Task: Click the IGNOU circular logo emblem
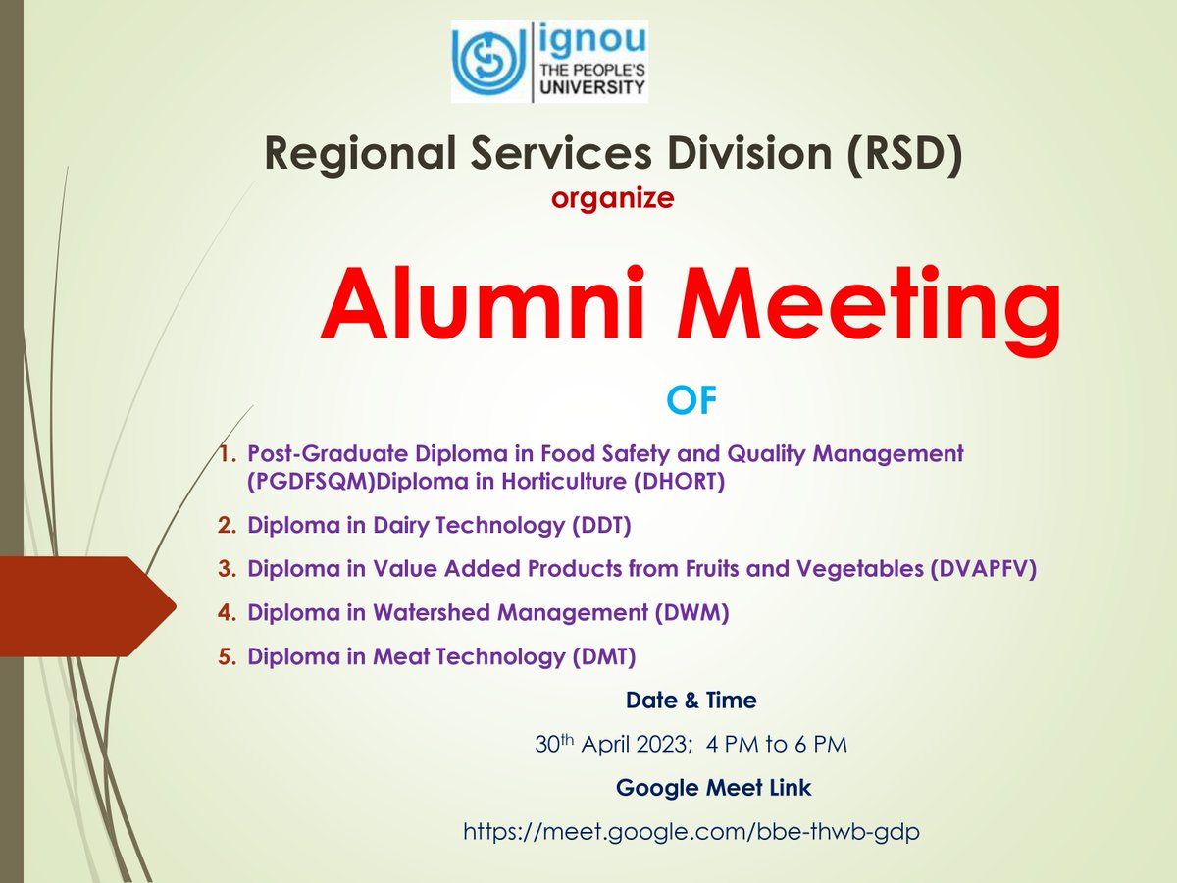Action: [489, 61]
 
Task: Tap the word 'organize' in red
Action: [612, 199]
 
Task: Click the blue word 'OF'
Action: [691, 401]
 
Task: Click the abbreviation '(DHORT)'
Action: [674, 483]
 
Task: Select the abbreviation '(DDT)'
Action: [599, 526]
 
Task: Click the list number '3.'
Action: [228, 569]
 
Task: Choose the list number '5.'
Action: [228, 656]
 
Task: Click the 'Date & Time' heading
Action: [691, 701]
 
